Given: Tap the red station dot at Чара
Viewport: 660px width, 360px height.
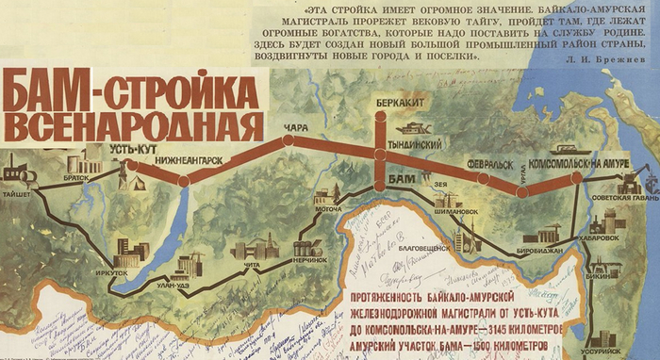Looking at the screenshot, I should [x=288, y=140].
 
